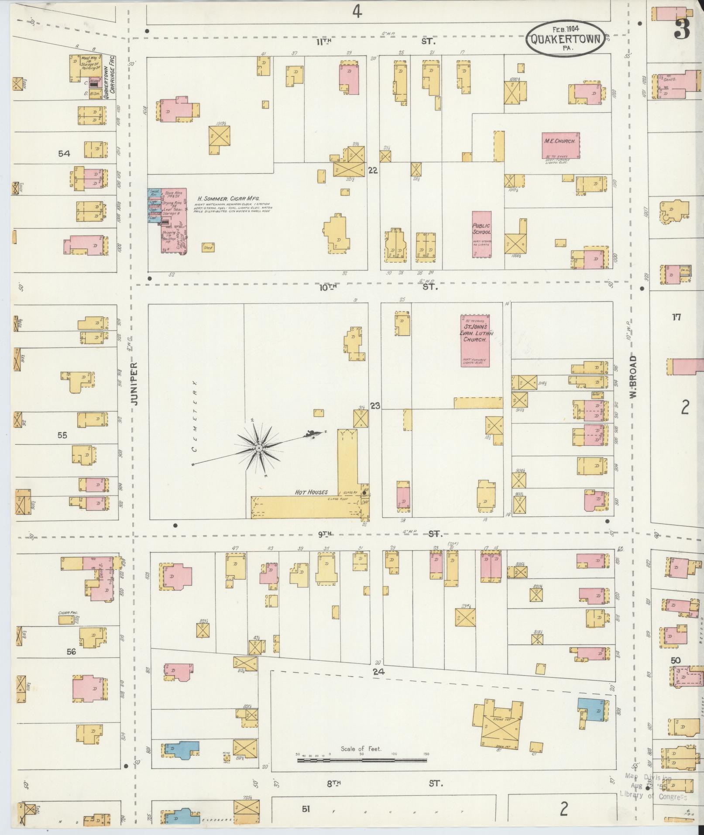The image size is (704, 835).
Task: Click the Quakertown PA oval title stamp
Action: pyautogui.click(x=566, y=39)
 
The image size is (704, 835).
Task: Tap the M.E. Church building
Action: pyautogui.click(x=561, y=145)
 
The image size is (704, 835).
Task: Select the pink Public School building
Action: pyautogui.click(x=481, y=234)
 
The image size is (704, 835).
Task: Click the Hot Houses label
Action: pyautogui.click(x=311, y=492)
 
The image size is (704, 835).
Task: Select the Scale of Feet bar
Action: pyautogui.click(x=362, y=760)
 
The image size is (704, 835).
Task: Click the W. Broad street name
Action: pyautogui.click(x=633, y=376)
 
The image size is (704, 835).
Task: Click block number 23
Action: pyautogui.click(x=375, y=406)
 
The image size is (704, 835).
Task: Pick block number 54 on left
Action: pyautogui.click(x=64, y=154)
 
